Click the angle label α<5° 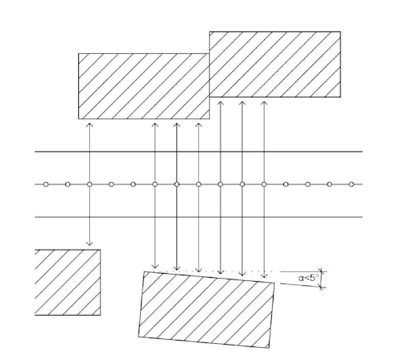pyautogui.click(x=308, y=278)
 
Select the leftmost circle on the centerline pyautogui.click(x=46, y=184)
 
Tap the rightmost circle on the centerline pyautogui.click(x=352, y=184)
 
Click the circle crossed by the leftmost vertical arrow pyautogui.click(x=89, y=184)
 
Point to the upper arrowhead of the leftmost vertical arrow pyautogui.click(x=89, y=125)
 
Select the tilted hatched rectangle pyautogui.click(x=206, y=310)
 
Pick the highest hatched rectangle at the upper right pyautogui.click(x=275, y=64)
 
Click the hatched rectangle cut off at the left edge pyautogui.click(x=68, y=283)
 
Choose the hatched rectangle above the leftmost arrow pyautogui.click(x=144, y=86)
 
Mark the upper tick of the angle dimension pyautogui.click(x=322, y=271)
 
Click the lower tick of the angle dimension pyautogui.click(x=322, y=288)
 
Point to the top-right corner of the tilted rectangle pyautogui.click(x=274, y=283)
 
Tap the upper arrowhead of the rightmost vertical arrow pyautogui.click(x=264, y=103)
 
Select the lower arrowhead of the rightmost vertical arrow pyautogui.click(x=264, y=275)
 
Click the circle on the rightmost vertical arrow pyautogui.click(x=264, y=184)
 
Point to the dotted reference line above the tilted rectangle pyautogui.click(x=216, y=271)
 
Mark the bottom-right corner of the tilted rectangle pyautogui.click(x=269, y=348)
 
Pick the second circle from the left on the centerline pyautogui.click(x=68, y=184)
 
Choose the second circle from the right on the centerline pyautogui.click(x=330, y=184)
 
